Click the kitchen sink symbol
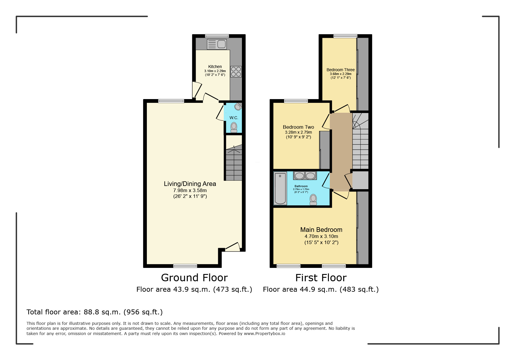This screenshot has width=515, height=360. point(217,44)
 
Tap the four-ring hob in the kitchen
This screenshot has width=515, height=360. point(236,72)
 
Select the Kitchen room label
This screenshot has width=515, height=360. point(215,67)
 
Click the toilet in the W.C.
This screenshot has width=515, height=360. point(234,127)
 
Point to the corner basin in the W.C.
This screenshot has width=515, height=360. point(238,107)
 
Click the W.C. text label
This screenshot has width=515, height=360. point(234,118)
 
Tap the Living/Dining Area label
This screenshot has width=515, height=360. point(190,184)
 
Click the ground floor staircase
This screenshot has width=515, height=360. point(234,163)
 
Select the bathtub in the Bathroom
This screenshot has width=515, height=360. point(280,188)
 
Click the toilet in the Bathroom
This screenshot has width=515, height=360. point(313,200)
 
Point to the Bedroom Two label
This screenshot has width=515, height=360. point(298,127)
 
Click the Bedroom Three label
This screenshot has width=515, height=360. point(341,70)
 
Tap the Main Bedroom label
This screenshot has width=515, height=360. point(321,230)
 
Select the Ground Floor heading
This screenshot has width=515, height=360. point(194,278)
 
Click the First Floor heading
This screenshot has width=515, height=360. point(321,278)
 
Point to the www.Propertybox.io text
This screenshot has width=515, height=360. point(264,334)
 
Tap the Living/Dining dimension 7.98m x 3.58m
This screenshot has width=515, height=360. point(190,190)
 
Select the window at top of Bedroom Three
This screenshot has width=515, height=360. point(345,36)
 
